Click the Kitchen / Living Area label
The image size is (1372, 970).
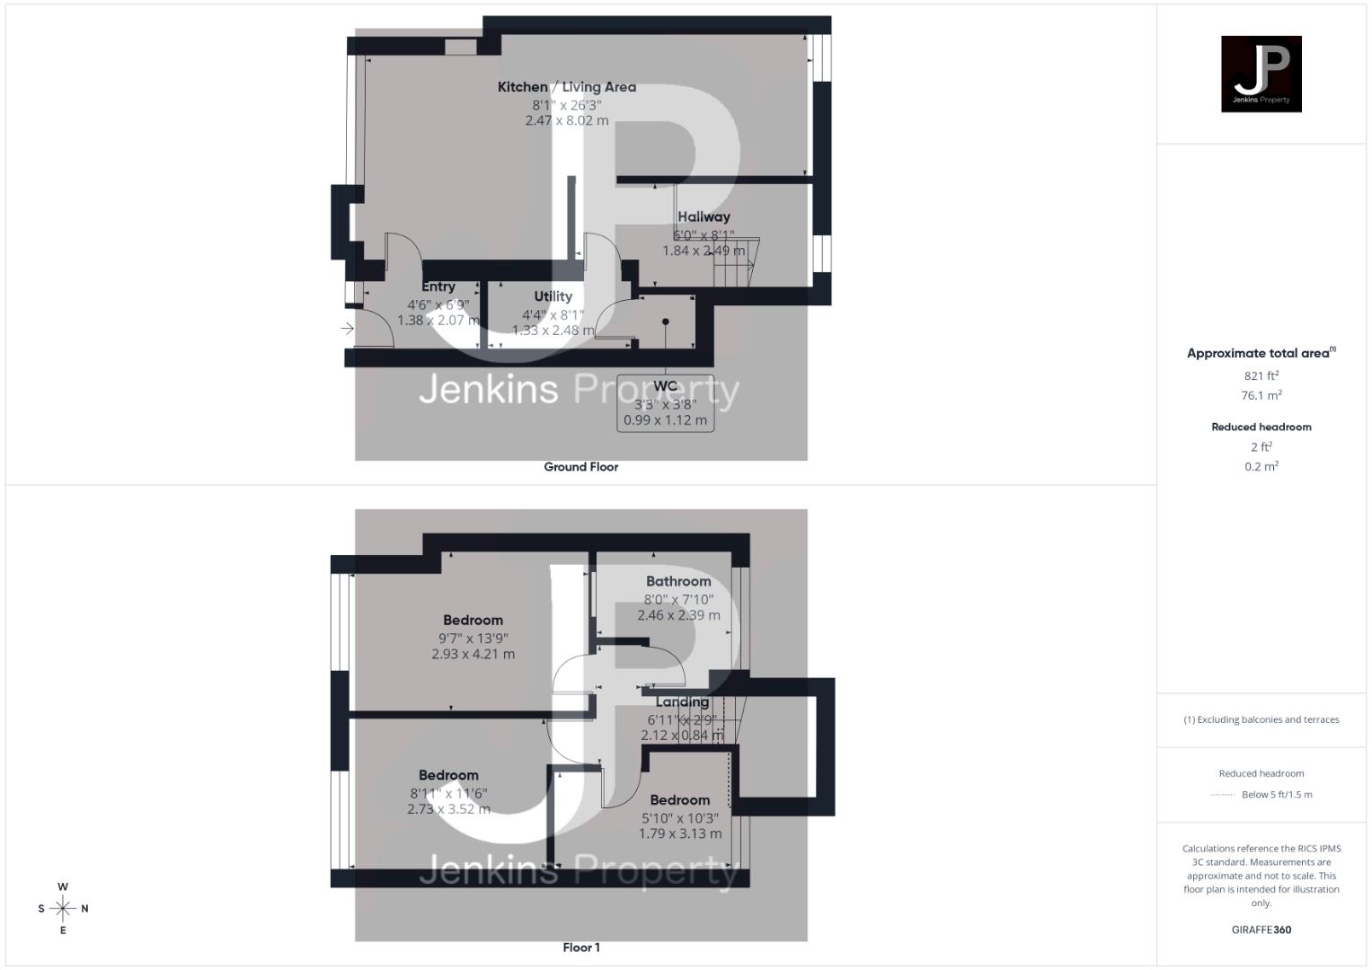567,87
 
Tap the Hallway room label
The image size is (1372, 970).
704,216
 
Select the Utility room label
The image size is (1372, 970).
553,296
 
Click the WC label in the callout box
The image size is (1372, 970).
665,386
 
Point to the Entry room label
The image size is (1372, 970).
438,287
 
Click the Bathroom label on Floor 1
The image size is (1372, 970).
678,581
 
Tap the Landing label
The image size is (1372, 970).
682,702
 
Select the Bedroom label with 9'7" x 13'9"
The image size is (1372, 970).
473,621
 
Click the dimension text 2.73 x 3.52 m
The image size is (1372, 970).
448,809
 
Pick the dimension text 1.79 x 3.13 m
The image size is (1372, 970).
680,833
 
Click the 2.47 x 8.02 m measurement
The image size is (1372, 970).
567,120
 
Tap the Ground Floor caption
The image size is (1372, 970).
580,467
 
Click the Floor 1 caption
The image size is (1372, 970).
580,948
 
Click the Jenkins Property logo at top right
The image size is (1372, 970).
1261,74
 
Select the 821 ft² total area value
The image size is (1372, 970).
1261,375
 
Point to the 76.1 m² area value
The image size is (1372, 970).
1261,395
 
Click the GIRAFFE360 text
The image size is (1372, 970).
1261,930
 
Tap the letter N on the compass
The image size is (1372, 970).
84,909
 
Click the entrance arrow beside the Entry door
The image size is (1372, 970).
348,330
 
